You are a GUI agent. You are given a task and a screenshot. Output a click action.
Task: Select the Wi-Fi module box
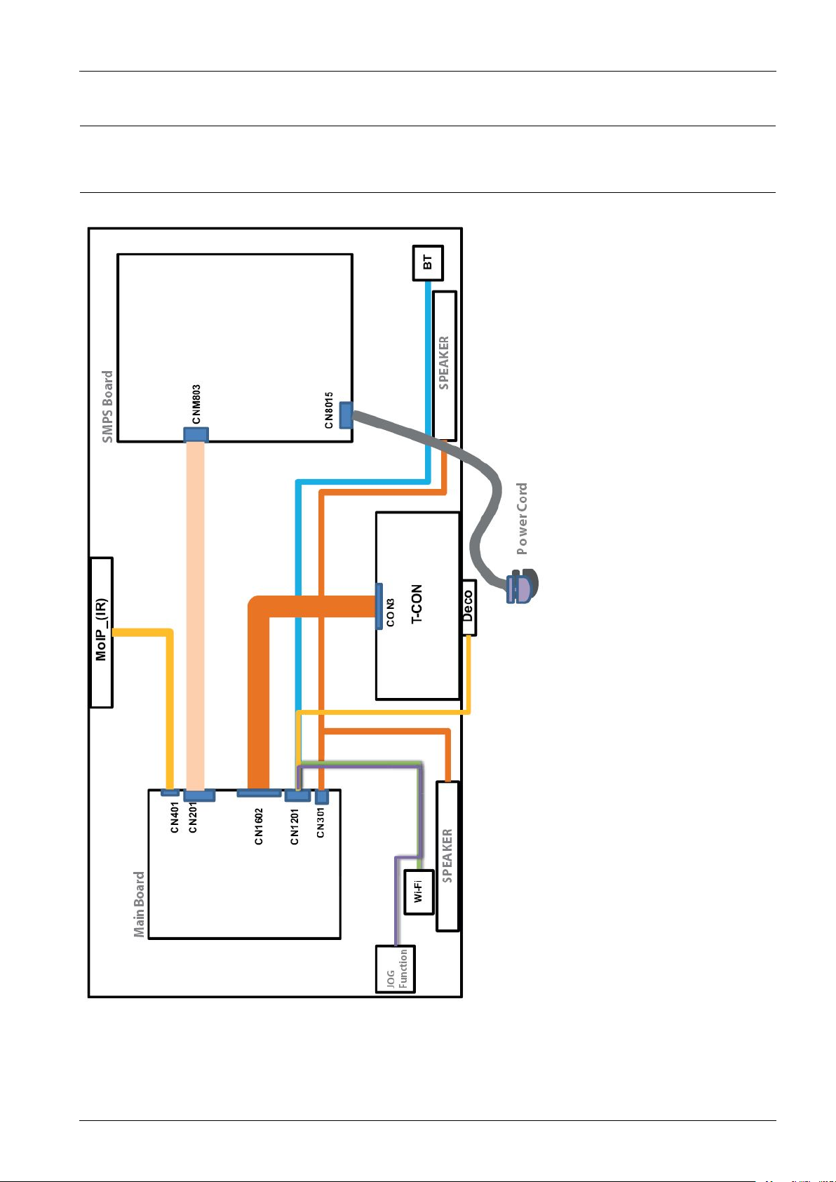pos(419,892)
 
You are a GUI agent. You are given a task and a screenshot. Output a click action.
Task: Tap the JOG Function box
pos(396,969)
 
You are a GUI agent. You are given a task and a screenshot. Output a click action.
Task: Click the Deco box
pos(468,607)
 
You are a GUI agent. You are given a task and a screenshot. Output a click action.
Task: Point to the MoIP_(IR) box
pos(102,632)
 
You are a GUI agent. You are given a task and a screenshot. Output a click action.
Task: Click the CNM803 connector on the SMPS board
pos(196,435)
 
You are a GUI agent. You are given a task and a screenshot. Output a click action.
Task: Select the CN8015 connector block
pos(345,415)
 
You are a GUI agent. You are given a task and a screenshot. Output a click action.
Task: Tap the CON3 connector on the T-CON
pos(379,607)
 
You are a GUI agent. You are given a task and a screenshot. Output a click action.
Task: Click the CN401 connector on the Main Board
pos(169,793)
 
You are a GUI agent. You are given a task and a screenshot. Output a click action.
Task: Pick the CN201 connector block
pos(199,795)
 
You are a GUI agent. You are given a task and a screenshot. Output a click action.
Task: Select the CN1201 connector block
pos(297,795)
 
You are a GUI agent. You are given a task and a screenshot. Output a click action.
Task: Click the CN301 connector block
pos(322,797)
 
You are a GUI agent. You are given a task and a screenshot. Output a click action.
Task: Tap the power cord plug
pos(520,586)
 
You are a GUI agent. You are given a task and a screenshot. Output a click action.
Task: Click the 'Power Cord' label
pos(522,518)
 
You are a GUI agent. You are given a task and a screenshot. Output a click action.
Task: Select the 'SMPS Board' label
pos(107,407)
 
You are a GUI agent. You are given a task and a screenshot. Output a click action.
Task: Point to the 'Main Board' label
pos(139,904)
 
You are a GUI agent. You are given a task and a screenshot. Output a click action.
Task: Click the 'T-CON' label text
pos(417,604)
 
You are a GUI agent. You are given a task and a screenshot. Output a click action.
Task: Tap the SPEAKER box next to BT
pos(445,365)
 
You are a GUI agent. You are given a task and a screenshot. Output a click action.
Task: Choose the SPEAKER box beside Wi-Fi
pos(447,857)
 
